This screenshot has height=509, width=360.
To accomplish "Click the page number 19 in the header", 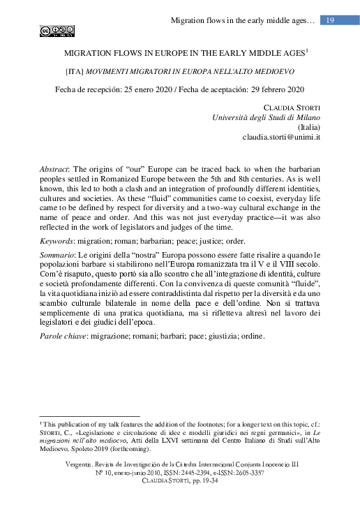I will [331, 20].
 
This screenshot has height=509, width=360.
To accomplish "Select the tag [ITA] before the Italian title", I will [74, 71].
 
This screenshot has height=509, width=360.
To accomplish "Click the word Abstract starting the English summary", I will [56, 170].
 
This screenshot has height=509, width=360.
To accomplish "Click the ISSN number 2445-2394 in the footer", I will [198, 473].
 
